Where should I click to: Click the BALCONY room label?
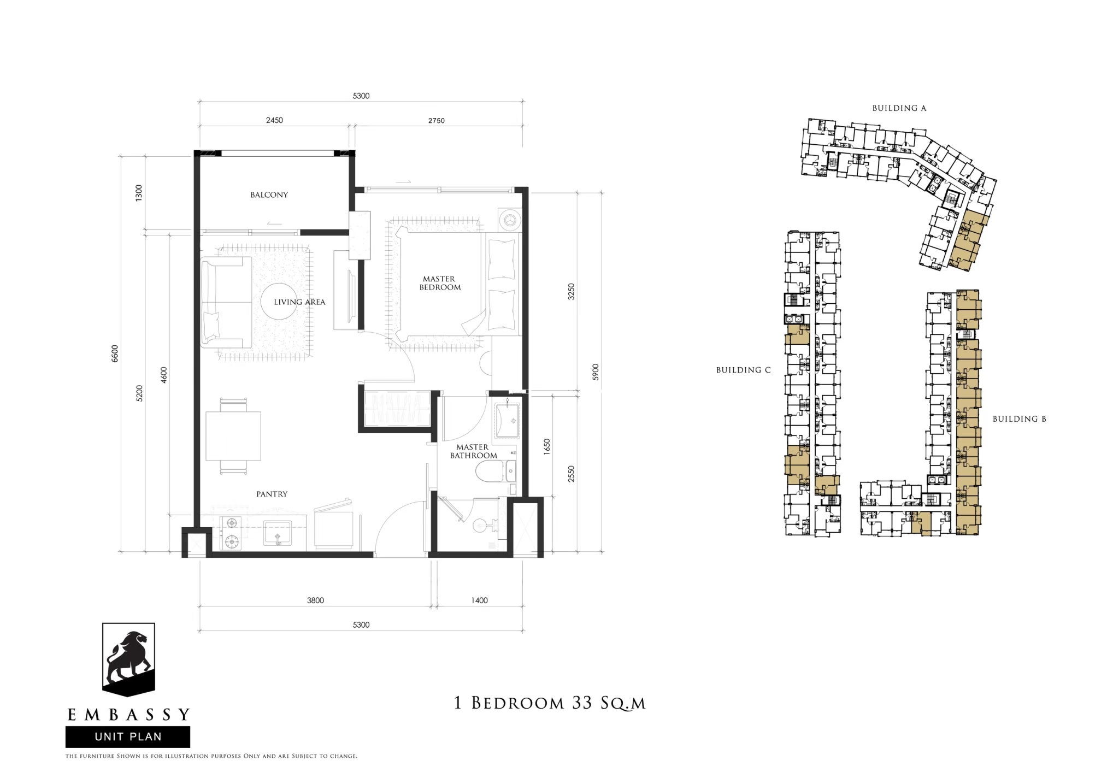[269, 195]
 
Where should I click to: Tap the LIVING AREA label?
[299, 302]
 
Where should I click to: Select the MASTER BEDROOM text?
[440, 283]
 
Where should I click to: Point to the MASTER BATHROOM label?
[473, 451]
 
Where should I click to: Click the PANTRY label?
[272, 494]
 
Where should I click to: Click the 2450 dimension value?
[274, 120]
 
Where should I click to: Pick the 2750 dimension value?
[437, 121]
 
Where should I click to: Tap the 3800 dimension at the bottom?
[315, 600]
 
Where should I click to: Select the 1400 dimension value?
[479, 600]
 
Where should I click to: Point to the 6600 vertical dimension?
[115, 353]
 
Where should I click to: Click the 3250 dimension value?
[572, 292]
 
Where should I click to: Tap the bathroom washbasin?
[508, 420]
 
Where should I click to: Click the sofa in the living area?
[225, 303]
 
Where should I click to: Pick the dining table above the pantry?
[233, 436]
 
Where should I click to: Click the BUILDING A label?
[899, 108]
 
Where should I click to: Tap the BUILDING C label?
[743, 370]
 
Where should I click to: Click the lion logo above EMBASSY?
[129, 659]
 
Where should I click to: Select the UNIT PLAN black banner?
[128, 736]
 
